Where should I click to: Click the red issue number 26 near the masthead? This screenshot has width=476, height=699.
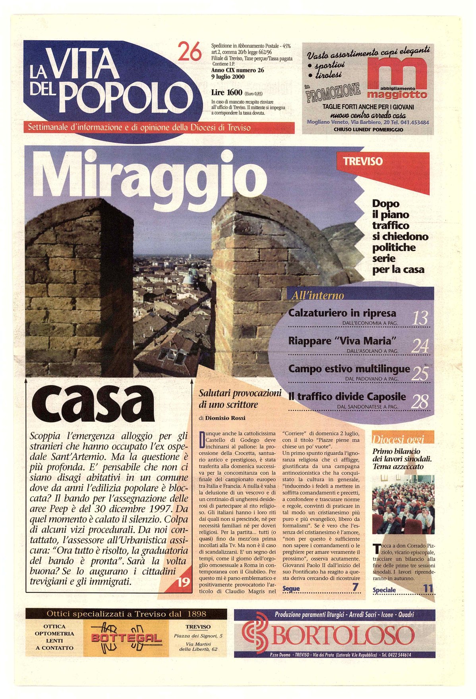pyautogui.click(x=190, y=52)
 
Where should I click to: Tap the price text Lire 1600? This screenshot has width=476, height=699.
pyautogui.click(x=226, y=93)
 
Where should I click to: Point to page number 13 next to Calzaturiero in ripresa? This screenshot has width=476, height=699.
pyautogui.click(x=420, y=318)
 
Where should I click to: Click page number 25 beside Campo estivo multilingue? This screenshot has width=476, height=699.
pyautogui.click(x=420, y=374)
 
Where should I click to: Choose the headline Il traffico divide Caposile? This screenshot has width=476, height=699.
pyautogui.click(x=347, y=396)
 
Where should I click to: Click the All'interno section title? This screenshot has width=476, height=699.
pyautogui.click(x=317, y=295)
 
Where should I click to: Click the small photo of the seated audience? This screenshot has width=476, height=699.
pyautogui.click(x=403, y=505)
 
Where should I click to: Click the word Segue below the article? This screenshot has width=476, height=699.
pyautogui.click(x=291, y=589)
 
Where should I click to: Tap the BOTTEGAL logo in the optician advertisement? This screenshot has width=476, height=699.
pyautogui.click(x=126, y=639)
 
